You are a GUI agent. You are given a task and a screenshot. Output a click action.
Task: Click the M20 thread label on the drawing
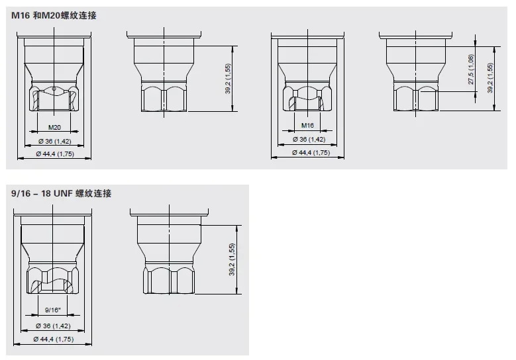[x=54, y=128]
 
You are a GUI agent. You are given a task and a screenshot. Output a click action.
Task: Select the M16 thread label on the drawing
[x=307, y=126]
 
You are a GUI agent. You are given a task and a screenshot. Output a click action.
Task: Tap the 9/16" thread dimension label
[x=52, y=310]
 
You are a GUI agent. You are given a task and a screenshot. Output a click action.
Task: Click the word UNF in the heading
[x=62, y=193]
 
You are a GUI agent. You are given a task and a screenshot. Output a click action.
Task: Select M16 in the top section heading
[x=21, y=15]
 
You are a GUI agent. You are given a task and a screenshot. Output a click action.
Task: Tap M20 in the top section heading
[x=51, y=15]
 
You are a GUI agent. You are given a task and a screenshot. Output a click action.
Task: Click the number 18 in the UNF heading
[x=46, y=193]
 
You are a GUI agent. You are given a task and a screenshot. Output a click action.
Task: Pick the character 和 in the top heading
[x=36, y=15]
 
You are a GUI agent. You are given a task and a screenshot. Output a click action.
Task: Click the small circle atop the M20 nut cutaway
[x=54, y=89]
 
